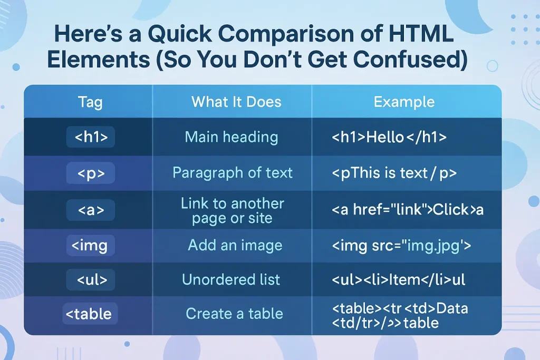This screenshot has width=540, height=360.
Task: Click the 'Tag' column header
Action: point(90,102)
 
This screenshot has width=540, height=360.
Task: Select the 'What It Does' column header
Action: point(236,102)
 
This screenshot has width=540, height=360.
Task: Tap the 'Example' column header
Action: point(404,102)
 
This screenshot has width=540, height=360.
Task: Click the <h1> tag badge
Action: point(91,137)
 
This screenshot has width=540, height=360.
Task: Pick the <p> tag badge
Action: point(91,173)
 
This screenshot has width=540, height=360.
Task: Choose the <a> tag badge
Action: point(91,210)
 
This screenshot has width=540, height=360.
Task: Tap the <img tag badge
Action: point(91,246)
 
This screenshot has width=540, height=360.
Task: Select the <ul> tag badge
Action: point(91,280)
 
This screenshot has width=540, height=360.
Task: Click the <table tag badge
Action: point(90,314)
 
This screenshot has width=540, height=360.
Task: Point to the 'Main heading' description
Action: point(232,137)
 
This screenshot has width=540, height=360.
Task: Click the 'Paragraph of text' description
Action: point(233,173)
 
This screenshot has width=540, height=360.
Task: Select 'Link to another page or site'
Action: point(233,211)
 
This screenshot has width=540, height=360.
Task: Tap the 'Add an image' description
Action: point(235,246)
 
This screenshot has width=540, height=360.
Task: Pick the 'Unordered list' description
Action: point(231,279)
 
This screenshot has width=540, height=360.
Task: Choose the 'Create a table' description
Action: point(234,314)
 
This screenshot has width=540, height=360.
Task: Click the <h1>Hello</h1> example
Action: point(389,138)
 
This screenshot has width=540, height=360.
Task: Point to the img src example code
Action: point(401,246)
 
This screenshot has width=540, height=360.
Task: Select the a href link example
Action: point(408,210)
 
